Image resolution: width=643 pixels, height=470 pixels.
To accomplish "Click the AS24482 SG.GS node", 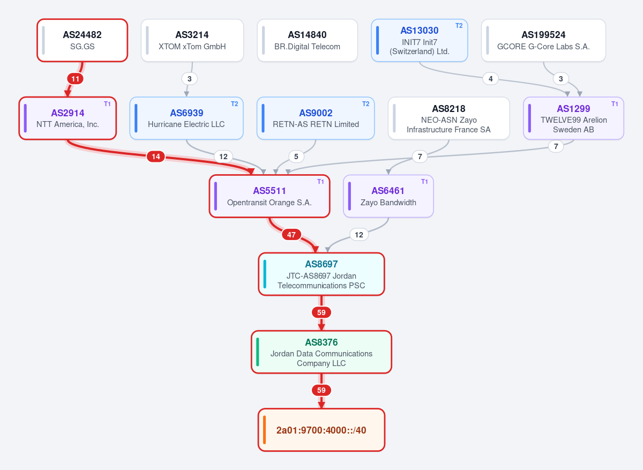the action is point(82,40).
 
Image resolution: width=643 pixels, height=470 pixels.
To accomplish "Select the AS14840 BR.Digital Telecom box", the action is point(307,40).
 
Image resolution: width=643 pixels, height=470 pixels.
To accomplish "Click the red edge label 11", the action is point(75,79).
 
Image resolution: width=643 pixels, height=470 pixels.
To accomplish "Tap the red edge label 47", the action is point(291,235).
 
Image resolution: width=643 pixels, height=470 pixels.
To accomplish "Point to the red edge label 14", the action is point(156,156).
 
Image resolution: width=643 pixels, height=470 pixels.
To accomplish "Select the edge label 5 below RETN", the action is point(296,156).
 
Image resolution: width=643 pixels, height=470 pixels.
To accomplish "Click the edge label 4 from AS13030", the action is point(491,79).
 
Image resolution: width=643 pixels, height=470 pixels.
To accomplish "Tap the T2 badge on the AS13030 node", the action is point(459,26).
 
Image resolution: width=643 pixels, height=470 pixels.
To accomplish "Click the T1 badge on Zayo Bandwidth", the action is point(424,182).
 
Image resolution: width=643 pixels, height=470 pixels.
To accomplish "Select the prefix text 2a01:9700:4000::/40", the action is point(321,430).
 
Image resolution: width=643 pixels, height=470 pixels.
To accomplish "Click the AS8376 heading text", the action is point(321,342).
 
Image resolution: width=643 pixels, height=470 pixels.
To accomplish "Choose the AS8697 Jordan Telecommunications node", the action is point(321,274).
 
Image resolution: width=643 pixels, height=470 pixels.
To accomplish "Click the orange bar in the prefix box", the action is point(264,430).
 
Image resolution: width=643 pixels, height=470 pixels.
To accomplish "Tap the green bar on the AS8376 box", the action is point(258,352).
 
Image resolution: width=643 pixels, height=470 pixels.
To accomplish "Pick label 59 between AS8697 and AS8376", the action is point(321,312).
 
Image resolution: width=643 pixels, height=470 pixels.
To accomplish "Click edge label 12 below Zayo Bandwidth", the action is point(359,235).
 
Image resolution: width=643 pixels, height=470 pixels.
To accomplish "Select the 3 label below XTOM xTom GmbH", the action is point(190,79).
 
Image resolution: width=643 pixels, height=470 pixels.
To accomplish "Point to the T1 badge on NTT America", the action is point(107,104).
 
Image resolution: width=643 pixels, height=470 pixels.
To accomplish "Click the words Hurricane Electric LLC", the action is point(186,124).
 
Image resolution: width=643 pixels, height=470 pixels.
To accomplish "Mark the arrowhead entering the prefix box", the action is point(321,405).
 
